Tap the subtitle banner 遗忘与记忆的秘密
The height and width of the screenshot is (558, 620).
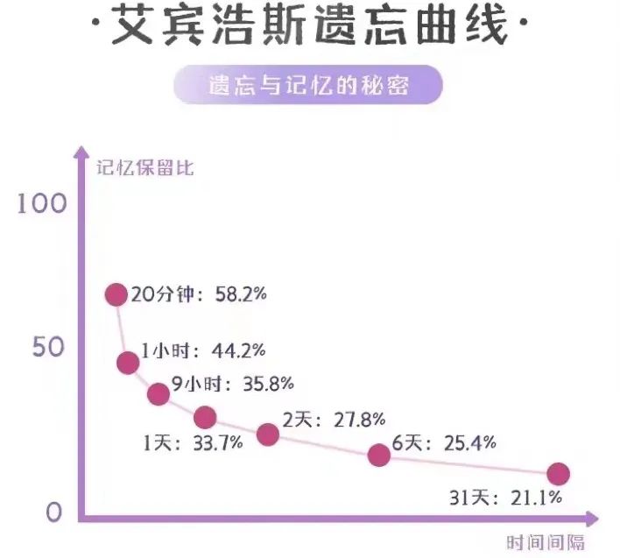(309, 88)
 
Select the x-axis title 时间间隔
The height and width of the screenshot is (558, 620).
(545, 542)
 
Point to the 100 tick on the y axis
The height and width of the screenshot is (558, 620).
(41, 204)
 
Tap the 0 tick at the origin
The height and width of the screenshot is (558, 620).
(54, 512)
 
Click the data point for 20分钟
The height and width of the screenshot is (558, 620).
(116, 294)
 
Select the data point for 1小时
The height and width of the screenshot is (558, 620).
(128, 362)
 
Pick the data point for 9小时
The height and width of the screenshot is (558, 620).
(159, 394)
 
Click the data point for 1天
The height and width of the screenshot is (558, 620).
(205, 417)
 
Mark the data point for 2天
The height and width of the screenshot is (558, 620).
(268, 434)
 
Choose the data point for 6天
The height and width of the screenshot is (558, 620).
(378, 455)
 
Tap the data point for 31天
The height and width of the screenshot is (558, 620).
(558, 474)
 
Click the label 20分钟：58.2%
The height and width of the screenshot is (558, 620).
(199, 294)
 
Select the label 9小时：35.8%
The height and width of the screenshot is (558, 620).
(232, 384)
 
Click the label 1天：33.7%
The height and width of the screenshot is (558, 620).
(193, 443)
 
